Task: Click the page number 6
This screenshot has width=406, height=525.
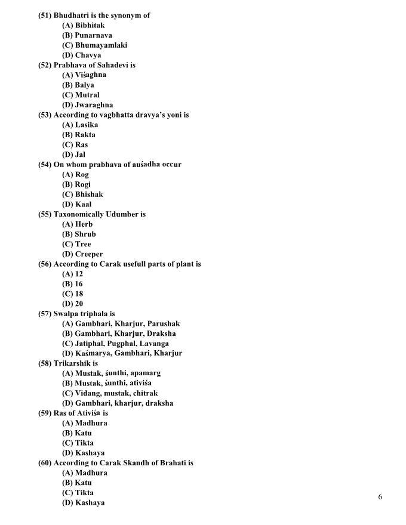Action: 380,497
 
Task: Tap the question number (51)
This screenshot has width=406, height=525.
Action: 45,16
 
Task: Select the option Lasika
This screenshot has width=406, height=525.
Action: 87,125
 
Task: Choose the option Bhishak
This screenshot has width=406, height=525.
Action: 89,194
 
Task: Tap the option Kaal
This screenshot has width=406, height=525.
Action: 83,204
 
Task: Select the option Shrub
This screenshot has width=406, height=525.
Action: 85,234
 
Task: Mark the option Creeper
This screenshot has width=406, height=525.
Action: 89,254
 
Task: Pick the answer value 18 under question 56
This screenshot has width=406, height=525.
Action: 79,294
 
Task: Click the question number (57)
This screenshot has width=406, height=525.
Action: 45,314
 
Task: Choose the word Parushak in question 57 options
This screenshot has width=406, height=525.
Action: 164,323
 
